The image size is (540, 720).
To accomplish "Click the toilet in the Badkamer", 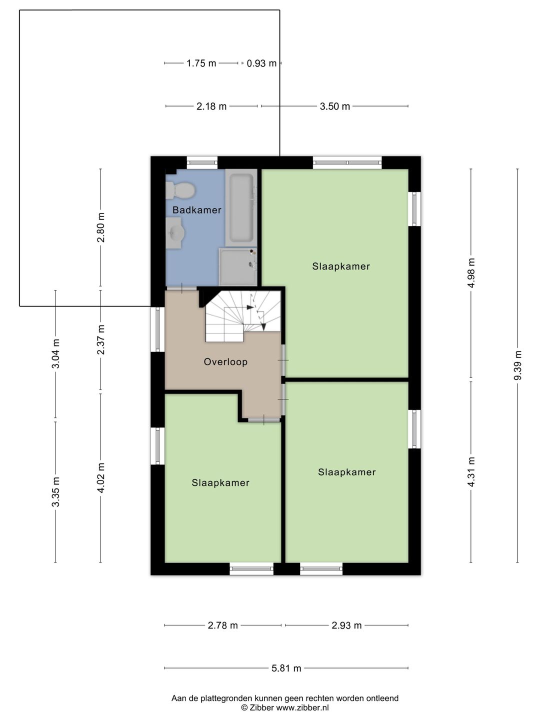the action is (180, 190).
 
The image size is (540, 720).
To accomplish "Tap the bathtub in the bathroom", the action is (241, 207).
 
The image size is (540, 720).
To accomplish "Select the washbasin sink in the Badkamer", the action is (175, 233).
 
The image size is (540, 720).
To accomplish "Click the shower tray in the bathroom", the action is (238, 266).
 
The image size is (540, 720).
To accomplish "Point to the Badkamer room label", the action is (197, 210).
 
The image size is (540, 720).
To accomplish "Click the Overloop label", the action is (225, 362).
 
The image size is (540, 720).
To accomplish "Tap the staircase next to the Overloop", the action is (243, 316).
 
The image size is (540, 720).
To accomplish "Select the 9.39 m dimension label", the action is (517, 365).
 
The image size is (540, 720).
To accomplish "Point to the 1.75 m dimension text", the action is (201, 63).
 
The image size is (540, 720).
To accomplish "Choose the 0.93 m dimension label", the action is (261, 63).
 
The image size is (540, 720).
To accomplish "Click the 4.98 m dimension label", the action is (471, 273).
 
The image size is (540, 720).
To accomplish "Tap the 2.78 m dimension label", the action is (223, 625).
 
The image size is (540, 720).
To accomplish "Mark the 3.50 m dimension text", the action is (335, 106).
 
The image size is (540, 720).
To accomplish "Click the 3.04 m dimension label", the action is (55, 353).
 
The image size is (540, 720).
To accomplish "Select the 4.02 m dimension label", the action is (101, 477).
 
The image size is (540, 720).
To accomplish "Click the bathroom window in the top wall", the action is (202, 162).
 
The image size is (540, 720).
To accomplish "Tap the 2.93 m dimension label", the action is (346, 625).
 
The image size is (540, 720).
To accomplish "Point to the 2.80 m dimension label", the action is (101, 227).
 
